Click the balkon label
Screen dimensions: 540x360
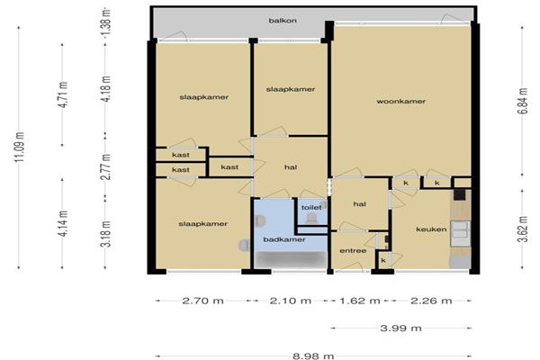coord(283,21)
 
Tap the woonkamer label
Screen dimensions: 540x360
coord(400,102)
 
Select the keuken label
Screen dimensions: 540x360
coord(431,229)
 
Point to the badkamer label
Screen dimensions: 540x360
coord(284,239)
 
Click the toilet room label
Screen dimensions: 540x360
coord(311,207)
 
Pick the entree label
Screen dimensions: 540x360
coord(353,251)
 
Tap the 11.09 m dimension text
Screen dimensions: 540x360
coord(21,147)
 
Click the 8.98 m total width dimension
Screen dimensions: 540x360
coord(313,355)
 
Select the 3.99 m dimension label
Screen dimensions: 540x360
coord(400,328)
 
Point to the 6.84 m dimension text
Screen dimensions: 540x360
coord(523,102)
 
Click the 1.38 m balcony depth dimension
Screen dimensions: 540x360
coord(107,22)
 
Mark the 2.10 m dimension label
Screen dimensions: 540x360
coord(291,301)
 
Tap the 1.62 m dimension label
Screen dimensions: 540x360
coord(360,301)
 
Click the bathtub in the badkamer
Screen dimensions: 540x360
coord(291,259)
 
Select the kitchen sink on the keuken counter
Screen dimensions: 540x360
coord(461,229)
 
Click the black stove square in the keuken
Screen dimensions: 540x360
coord(459,194)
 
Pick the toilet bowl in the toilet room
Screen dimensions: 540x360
coord(312,218)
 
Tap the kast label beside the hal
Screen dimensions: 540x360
coord(229,167)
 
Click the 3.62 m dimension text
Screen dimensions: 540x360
coord(523,229)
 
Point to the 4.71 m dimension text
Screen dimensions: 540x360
coord(63,94)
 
